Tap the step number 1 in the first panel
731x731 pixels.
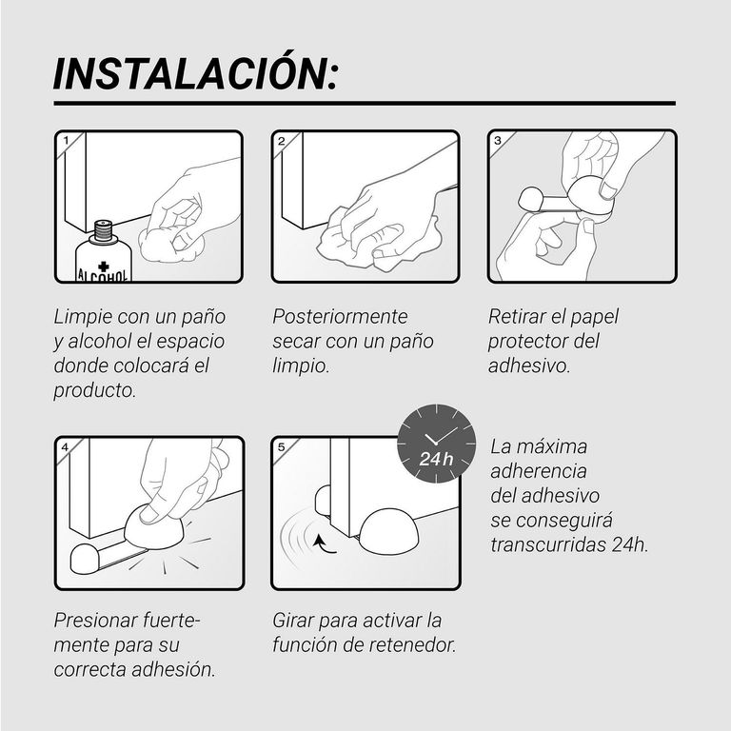tap(66, 140)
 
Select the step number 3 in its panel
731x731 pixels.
tap(498, 140)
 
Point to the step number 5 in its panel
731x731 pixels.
tap(281, 447)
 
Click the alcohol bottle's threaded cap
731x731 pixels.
tap(103, 230)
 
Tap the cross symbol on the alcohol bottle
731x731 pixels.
tap(104, 267)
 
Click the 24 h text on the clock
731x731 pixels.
tap(436, 459)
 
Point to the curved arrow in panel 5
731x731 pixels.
tap(322, 545)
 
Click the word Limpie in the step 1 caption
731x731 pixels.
tap(83, 317)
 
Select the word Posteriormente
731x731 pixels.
tap(340, 317)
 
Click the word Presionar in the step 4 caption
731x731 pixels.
tap(95, 621)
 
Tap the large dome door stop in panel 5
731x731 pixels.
tap(388, 532)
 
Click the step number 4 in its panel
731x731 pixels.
tap(65, 447)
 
